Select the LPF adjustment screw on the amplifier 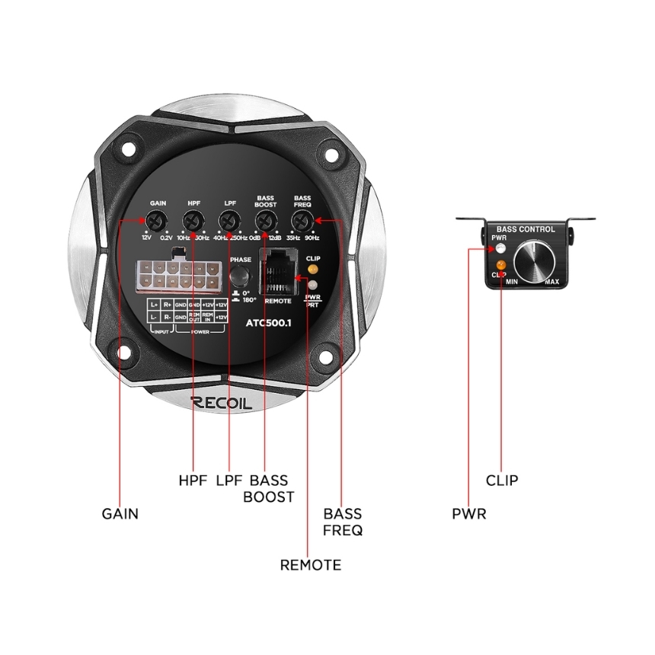(x=229, y=221)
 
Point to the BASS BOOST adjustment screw (x=264, y=221)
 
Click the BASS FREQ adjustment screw (x=302, y=221)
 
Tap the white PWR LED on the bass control (x=500, y=248)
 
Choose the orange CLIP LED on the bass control (x=500, y=264)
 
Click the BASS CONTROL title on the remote (x=525, y=228)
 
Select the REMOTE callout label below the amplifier (x=310, y=565)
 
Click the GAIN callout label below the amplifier (x=120, y=513)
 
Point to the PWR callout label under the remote (x=468, y=514)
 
